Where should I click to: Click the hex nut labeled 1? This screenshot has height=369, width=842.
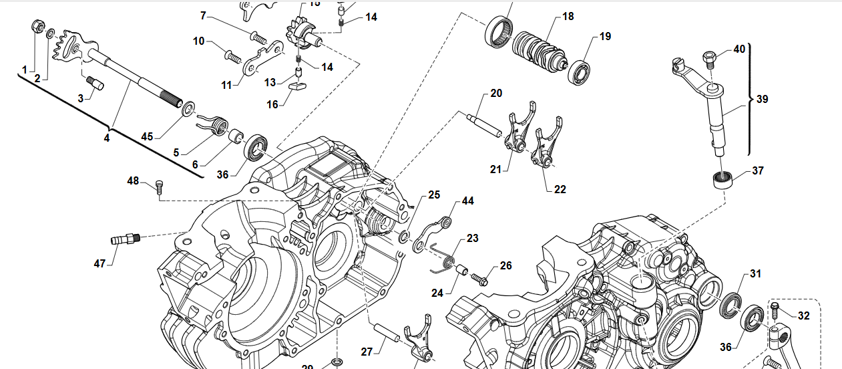point(38,27)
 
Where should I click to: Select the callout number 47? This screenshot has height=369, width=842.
point(99,263)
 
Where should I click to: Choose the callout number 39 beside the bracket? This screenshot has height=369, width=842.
point(763,99)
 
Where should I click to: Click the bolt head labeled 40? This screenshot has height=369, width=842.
point(710,58)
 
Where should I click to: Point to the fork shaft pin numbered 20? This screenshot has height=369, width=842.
point(484,125)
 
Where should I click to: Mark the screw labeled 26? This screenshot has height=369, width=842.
point(479,276)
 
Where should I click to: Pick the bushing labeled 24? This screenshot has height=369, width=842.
point(461,271)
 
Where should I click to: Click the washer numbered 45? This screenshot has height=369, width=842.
point(188,106)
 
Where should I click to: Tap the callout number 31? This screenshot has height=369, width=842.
point(755,273)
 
